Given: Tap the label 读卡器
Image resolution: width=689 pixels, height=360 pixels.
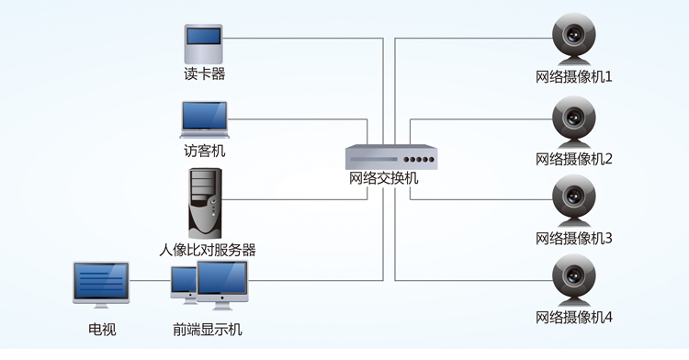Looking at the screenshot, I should pos(204,74).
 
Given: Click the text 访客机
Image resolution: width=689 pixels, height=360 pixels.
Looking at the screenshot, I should pos(204,151).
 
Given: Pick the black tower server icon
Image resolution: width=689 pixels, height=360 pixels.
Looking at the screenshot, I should pos(205,202).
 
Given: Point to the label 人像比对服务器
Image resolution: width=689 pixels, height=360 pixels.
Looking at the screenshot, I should pos(207,249).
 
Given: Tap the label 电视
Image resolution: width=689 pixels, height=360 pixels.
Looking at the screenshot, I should pos(102,330).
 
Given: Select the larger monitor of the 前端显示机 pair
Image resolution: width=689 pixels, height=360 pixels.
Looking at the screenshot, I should pos(221,285).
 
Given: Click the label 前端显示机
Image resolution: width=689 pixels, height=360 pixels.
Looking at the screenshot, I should pos(208,330).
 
